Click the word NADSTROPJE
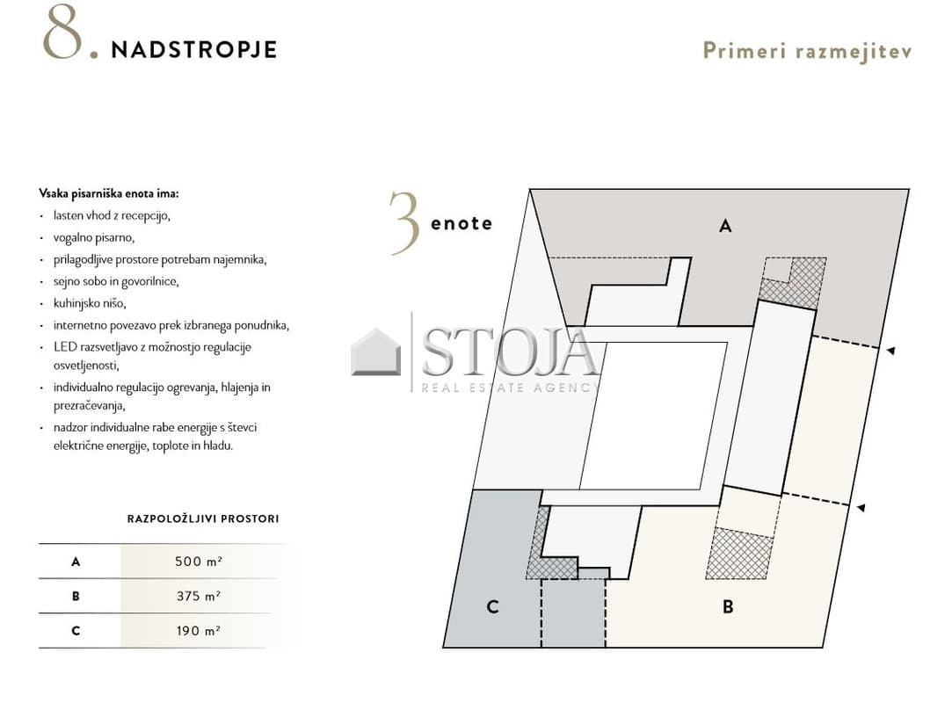(x=194, y=50)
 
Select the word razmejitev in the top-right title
(x=854, y=52)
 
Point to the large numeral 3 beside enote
(x=404, y=223)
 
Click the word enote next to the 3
(x=461, y=223)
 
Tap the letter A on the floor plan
(x=725, y=226)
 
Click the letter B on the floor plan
(x=728, y=605)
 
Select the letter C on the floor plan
(x=492, y=605)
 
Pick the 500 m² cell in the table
(x=199, y=562)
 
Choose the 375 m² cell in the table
(x=199, y=596)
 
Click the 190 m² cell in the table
(x=199, y=631)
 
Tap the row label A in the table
(x=76, y=562)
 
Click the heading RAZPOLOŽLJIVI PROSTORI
(x=203, y=519)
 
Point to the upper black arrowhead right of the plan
(x=890, y=351)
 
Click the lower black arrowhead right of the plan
(x=861, y=508)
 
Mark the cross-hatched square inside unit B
(x=739, y=554)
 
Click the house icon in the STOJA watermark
(x=376, y=351)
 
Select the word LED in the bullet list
(x=65, y=346)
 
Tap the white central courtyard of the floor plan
(x=654, y=416)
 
